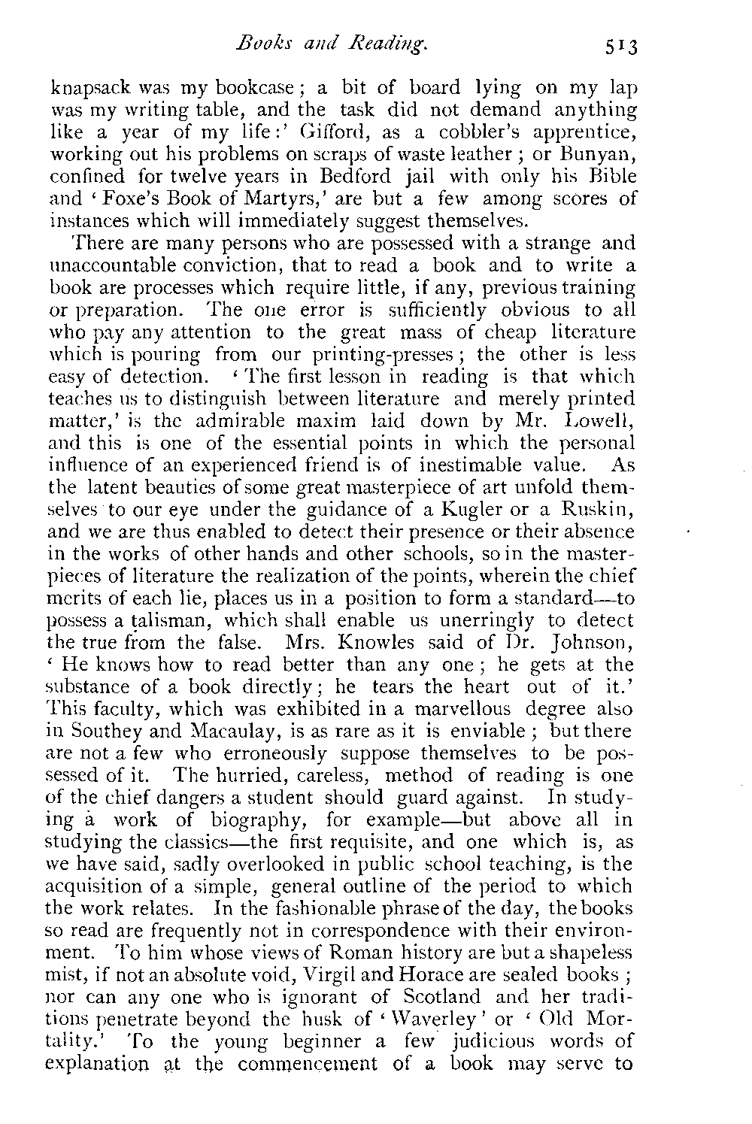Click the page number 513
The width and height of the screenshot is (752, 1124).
(x=619, y=48)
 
